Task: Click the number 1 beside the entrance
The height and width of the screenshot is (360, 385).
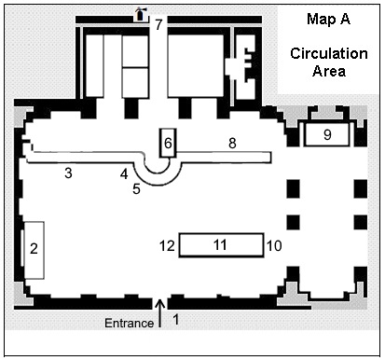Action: (176, 319)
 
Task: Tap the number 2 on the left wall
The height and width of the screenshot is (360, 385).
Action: (34, 249)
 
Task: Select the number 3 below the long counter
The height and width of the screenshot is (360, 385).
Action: (68, 173)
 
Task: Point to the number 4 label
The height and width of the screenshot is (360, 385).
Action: (124, 174)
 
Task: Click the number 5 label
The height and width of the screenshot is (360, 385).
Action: (136, 189)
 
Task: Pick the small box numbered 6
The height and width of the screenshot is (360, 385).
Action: (168, 143)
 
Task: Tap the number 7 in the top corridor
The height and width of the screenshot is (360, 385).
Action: (158, 24)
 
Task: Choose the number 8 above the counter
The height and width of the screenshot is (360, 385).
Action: (232, 144)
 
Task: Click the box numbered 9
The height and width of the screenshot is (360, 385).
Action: (326, 134)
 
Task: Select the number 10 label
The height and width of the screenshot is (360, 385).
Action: (274, 246)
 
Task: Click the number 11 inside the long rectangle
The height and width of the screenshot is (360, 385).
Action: (220, 245)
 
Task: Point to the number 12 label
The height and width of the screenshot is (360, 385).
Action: (167, 246)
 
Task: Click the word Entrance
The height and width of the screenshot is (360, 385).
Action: (129, 323)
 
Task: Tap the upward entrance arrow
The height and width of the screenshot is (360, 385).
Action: (160, 313)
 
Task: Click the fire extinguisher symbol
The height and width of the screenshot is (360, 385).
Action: (141, 15)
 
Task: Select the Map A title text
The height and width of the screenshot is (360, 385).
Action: (328, 19)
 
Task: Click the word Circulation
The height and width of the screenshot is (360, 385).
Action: (329, 54)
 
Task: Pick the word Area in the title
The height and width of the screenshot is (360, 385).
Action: (329, 71)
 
